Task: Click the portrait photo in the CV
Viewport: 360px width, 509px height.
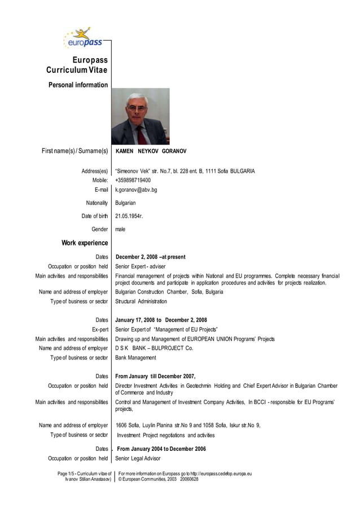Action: click(140, 116)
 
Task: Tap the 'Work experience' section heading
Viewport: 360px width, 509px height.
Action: click(85, 243)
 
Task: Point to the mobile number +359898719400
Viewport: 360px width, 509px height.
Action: click(133, 180)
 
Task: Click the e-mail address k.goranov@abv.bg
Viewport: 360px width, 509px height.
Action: click(136, 190)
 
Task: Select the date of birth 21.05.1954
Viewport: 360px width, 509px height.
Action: click(129, 216)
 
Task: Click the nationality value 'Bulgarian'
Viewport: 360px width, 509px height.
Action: click(125, 203)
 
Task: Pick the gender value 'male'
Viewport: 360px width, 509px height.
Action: click(120, 229)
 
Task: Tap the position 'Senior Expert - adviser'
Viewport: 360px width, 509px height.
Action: click(141, 266)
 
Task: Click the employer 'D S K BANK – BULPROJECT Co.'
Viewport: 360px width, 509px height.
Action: click(154, 348)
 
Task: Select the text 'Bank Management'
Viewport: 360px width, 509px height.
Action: click(135, 357)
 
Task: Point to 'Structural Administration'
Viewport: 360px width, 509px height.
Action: click(141, 301)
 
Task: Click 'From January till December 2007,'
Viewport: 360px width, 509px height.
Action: click(155, 376)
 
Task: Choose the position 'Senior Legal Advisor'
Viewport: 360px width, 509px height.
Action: click(138, 458)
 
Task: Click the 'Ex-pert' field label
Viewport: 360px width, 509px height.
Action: click(99, 330)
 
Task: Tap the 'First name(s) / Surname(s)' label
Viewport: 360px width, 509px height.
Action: click(74, 151)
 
